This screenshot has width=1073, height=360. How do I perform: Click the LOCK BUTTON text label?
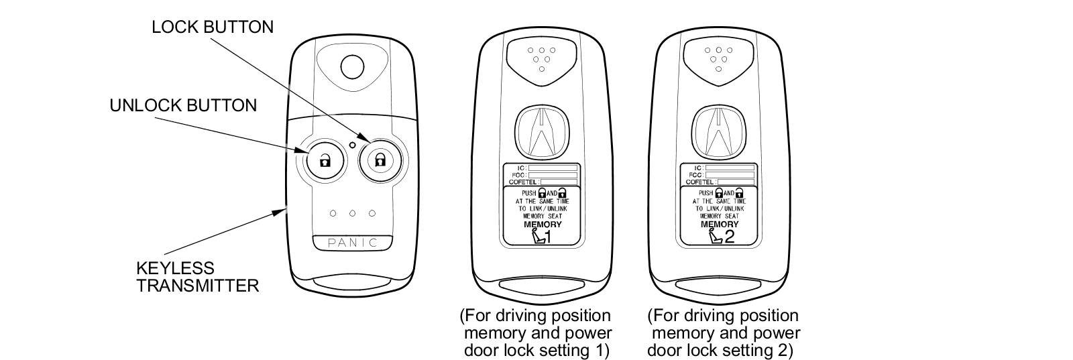[x=212, y=27]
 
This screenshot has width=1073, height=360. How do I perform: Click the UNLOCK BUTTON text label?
[x=183, y=105]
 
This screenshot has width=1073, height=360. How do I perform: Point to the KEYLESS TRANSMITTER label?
[x=197, y=277]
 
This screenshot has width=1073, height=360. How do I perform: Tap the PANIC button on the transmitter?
[x=353, y=243]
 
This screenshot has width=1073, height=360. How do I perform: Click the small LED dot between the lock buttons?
[x=353, y=143]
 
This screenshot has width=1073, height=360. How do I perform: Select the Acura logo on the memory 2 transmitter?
[x=719, y=131]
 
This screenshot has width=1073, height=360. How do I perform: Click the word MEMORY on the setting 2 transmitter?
[x=719, y=225]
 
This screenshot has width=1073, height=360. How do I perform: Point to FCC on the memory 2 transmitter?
[x=695, y=174]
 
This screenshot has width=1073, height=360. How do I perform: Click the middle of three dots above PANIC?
[x=353, y=214]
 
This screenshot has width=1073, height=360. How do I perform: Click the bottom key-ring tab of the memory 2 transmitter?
[x=719, y=287]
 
